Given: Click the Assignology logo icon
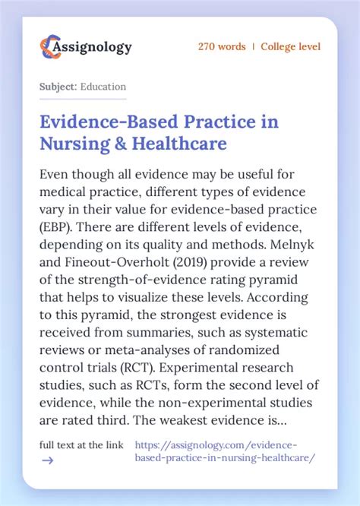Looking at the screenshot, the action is click(49, 46).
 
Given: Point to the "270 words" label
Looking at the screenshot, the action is click(222, 47).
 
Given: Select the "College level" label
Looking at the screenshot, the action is click(290, 47).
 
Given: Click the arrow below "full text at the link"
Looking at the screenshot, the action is click(47, 460).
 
